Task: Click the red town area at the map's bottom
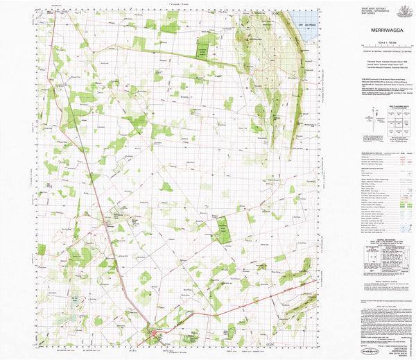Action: click(154, 337)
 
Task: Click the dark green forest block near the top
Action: click(202, 47)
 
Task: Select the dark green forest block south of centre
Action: click(223, 230)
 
